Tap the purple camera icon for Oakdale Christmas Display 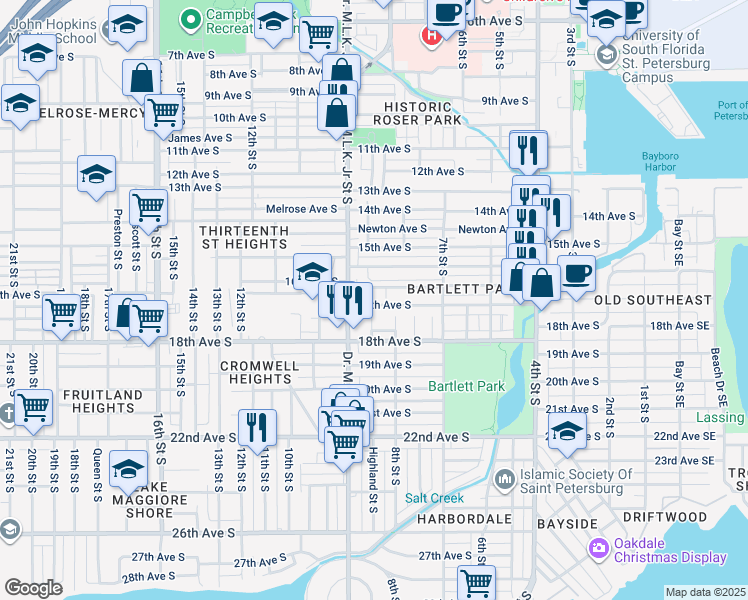599,547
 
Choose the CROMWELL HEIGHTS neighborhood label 260,373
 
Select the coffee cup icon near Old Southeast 575,273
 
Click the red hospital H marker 431,38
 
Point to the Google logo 33,588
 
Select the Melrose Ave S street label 301,209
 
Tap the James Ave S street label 200,138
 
